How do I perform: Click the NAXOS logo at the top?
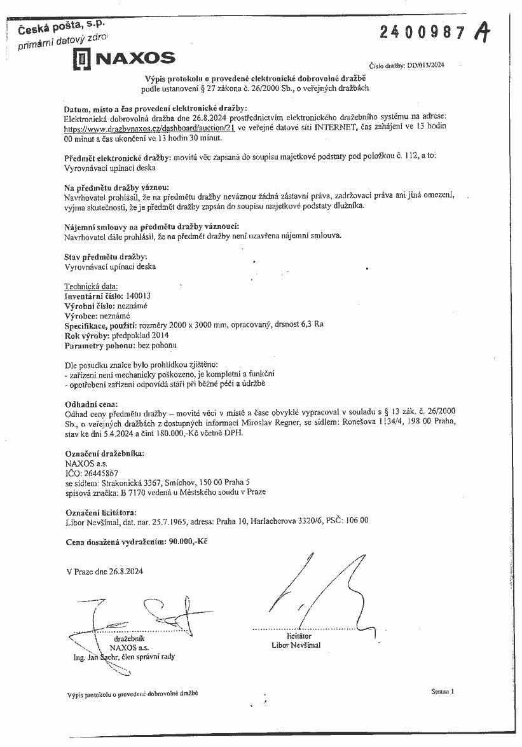(x=124, y=60)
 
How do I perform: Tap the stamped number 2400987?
(x=423, y=32)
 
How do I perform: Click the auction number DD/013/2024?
(x=425, y=65)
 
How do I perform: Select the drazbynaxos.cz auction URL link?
(x=150, y=128)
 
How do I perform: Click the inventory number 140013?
(x=139, y=296)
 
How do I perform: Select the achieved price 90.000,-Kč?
(x=187, y=542)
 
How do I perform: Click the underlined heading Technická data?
(x=92, y=286)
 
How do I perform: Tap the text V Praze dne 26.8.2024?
(x=104, y=571)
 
